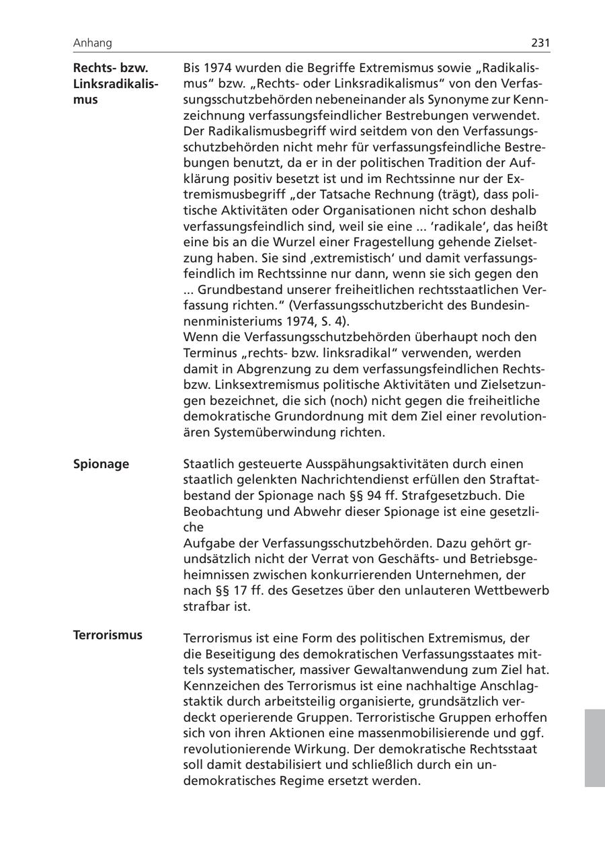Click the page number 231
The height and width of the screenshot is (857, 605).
coord(540,43)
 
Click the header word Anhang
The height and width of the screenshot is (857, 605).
coord(93,43)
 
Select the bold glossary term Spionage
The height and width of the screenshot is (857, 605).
coord(101,464)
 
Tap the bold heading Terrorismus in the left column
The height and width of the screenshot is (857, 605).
coord(108,635)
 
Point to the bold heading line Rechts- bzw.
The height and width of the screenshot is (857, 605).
coord(110,68)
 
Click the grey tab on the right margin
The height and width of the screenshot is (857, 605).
coord(594,747)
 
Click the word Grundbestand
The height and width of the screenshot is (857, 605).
coord(237,290)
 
